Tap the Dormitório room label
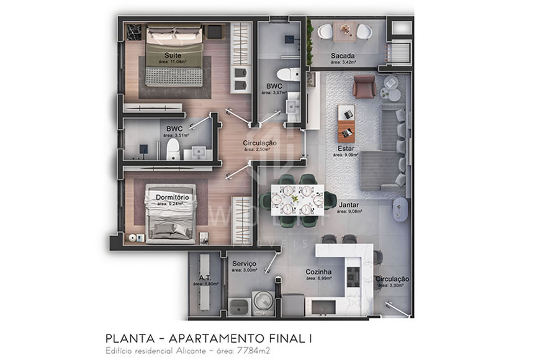(173, 197)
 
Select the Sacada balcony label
(343, 56)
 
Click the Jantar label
(349, 204)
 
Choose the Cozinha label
(318, 272)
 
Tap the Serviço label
(245, 263)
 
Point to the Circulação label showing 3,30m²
(392, 279)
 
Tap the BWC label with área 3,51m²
(174, 128)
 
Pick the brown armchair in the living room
(364, 86)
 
